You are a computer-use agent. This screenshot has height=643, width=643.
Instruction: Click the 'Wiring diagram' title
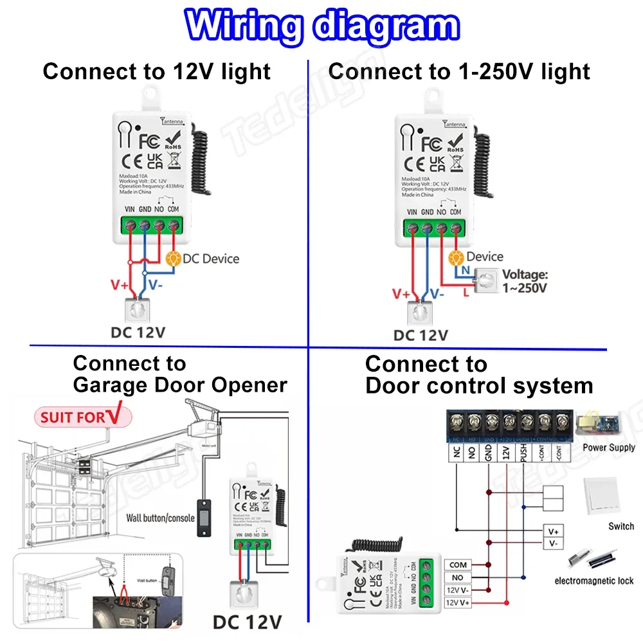click(x=321, y=27)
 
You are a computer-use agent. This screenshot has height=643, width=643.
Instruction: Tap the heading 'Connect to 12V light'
click(x=157, y=71)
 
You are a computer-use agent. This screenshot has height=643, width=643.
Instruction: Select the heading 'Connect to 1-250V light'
click(x=459, y=71)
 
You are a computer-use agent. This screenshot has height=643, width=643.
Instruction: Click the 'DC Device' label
click(x=211, y=259)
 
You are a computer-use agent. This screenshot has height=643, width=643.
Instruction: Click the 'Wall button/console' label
click(x=160, y=518)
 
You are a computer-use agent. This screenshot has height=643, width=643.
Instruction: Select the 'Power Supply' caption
click(x=608, y=448)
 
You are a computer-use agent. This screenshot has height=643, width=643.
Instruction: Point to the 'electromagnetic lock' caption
click(x=593, y=581)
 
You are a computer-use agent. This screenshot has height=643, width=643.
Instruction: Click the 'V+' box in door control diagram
click(x=553, y=532)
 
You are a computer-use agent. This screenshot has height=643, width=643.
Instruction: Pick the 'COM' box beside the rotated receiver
click(x=458, y=565)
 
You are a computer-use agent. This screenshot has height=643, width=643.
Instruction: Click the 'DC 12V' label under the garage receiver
click(x=247, y=622)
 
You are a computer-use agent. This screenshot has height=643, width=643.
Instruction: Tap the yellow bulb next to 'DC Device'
click(x=173, y=258)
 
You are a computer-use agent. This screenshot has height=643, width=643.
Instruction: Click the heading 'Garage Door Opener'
click(x=180, y=385)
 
